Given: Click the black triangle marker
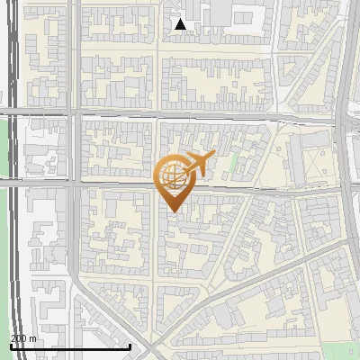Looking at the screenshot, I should pyautogui.click(x=181, y=24).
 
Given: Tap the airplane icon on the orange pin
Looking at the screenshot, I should pyautogui.click(x=197, y=164).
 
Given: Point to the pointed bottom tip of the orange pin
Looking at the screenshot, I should pyautogui.click(x=171, y=212).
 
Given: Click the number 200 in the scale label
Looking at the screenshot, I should pyautogui.click(x=19, y=338).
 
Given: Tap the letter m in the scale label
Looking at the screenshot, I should pyautogui.click(x=33, y=338).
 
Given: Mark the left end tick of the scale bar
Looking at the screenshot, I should pyautogui.click(x=11, y=345).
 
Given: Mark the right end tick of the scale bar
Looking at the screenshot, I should pyautogui.click(x=130, y=345).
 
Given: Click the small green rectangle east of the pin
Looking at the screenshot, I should pyautogui.click(x=234, y=164).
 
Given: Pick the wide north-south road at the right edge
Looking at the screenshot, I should pyautogui.click(x=346, y=180).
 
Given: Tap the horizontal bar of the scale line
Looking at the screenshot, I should pyautogui.click(x=70, y=346).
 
